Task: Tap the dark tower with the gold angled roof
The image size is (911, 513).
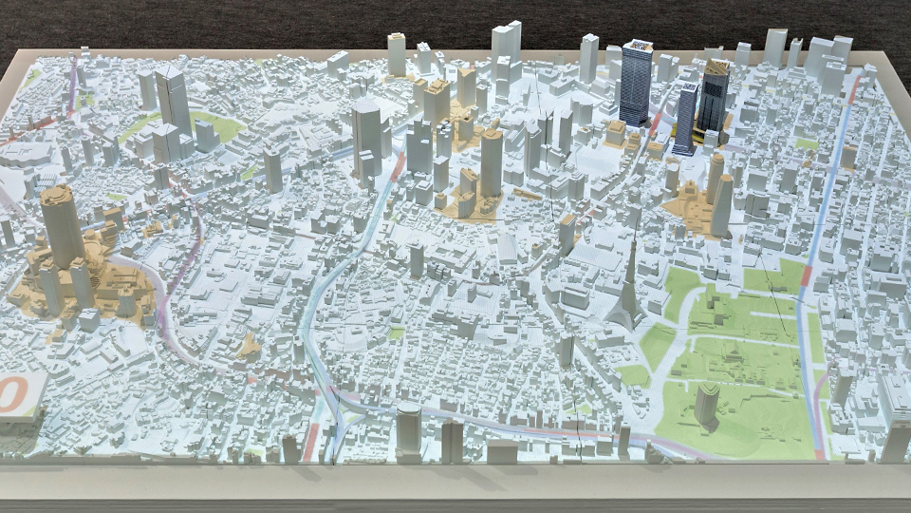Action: coord(714,95)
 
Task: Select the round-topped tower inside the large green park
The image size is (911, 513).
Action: coord(706,404)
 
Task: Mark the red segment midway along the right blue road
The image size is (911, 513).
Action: coord(807,275)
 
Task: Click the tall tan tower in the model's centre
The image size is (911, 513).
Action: coord(491,161)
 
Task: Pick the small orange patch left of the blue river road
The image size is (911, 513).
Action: coord(249,347)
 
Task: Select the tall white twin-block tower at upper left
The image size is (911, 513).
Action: coord(174,100)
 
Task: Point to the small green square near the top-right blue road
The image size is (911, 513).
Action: coord(808,144)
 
